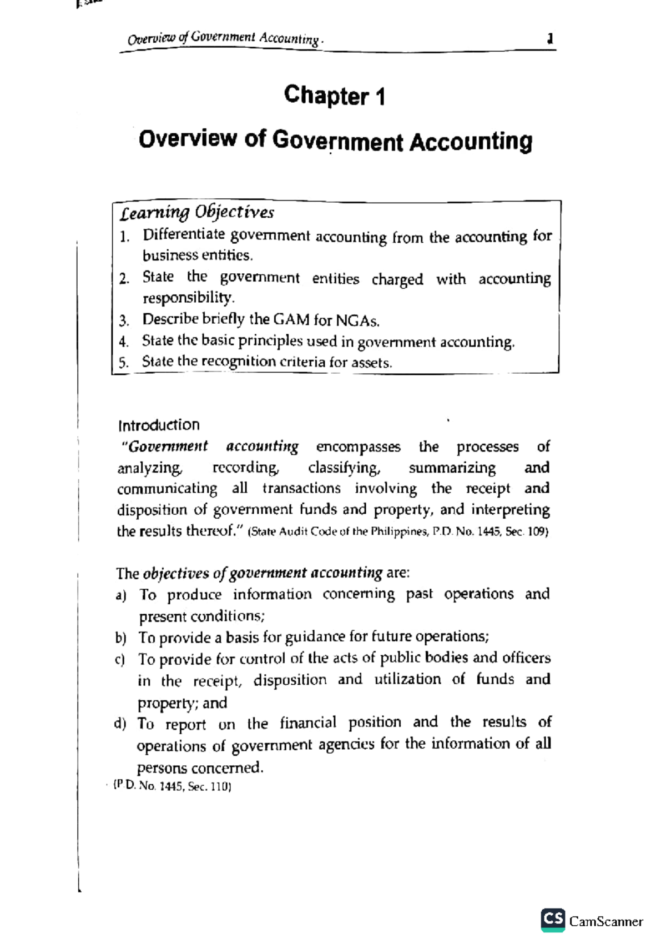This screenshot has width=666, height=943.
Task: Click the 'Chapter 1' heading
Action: [x=334, y=96]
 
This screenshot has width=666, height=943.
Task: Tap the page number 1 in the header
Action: [x=549, y=39]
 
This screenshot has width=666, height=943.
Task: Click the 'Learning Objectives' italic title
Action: [x=197, y=212]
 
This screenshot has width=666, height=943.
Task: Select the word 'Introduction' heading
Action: [x=159, y=425]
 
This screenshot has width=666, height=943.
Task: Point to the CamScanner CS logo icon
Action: [x=553, y=920]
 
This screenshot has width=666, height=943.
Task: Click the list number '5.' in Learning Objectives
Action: [x=124, y=363]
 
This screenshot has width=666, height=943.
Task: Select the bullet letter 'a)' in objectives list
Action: [x=121, y=595]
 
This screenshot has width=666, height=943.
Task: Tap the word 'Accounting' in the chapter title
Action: [x=471, y=141]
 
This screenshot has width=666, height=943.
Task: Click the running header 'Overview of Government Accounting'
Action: [x=224, y=38]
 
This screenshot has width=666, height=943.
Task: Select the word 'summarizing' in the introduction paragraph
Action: [x=452, y=468]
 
